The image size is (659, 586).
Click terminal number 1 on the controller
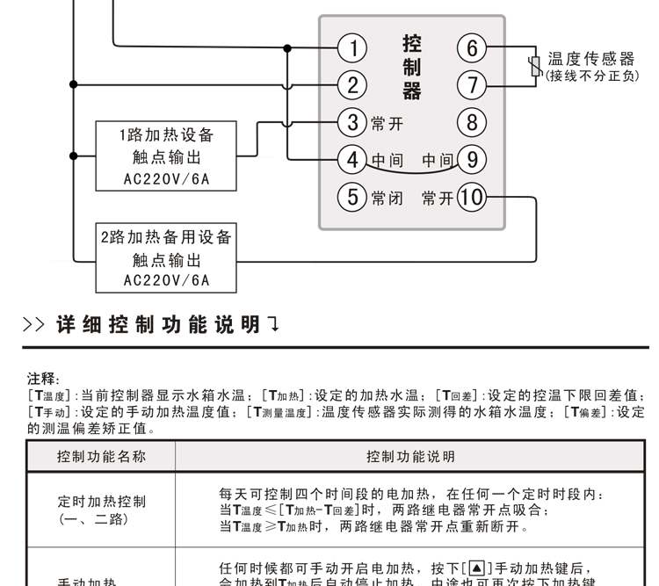coord(352,47)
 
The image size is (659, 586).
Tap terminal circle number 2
coord(352,85)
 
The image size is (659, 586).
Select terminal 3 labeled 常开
coord(352,122)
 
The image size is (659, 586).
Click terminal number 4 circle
coord(352,160)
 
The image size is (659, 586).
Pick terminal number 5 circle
coord(352,197)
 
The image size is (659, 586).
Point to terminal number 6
coord(472,47)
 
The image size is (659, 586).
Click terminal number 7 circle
coord(472,85)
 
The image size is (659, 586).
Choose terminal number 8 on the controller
coord(472,122)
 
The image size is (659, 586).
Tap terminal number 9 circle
coord(472,160)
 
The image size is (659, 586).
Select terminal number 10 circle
coord(472,197)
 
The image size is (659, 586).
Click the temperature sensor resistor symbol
coord(533,67)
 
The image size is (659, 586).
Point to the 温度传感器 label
coord(590,58)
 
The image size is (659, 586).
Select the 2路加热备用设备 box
coord(167,258)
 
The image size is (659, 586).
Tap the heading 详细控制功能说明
coord(158,325)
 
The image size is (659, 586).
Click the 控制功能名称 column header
coord(101,457)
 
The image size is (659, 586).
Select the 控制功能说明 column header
coord(410,457)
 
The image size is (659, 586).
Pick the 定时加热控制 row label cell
coord(101,510)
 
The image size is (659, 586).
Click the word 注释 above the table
coord(43,380)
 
